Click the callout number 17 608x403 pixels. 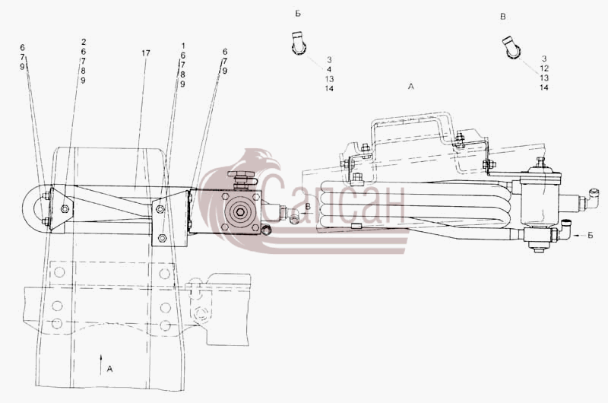[x=145, y=53]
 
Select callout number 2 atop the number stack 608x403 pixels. [x=84, y=42]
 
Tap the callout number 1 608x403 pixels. [x=183, y=46]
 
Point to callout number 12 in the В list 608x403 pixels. [x=544, y=68]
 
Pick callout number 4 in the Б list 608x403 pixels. [x=329, y=69]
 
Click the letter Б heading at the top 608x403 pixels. [x=298, y=14]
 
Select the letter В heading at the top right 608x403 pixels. [x=503, y=17]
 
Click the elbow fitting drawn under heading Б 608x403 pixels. [x=298, y=43]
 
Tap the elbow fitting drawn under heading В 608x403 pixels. [x=512, y=48]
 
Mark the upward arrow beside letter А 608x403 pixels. [x=101, y=364]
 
